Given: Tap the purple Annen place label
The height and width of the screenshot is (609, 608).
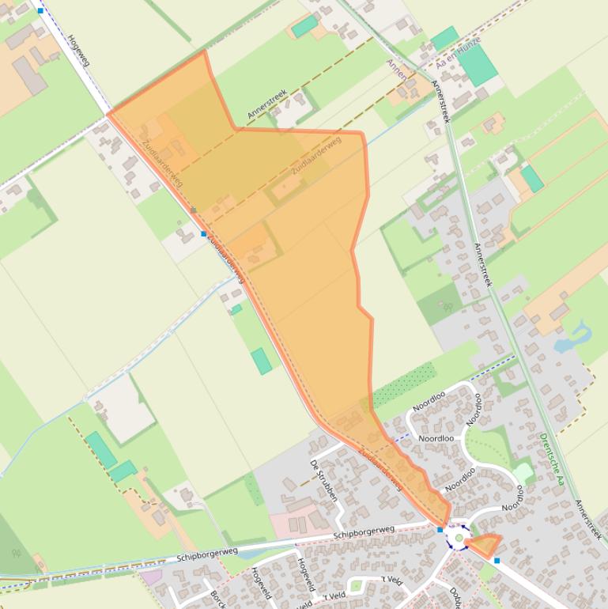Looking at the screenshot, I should click(x=396, y=70).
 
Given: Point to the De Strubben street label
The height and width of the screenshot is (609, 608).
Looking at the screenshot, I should click(x=323, y=481).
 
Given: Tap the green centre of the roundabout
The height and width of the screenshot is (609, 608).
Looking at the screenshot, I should click(x=459, y=539).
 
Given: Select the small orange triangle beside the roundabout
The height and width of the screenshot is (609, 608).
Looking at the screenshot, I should click(x=483, y=544).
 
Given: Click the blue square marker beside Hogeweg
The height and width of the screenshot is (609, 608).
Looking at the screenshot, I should click(x=40, y=11).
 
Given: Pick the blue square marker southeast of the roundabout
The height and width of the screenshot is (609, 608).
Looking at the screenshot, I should click(x=497, y=561).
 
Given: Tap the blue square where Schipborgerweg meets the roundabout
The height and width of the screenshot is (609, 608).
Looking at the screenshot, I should click(x=440, y=530).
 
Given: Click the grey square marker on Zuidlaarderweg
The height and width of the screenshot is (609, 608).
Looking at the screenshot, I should click(x=193, y=210).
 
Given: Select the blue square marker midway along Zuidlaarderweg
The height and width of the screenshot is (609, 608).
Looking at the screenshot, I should click(x=204, y=234).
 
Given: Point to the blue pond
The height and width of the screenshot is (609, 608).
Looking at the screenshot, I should click(x=572, y=339).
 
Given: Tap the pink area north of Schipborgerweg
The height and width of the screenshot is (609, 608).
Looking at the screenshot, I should click(x=289, y=522).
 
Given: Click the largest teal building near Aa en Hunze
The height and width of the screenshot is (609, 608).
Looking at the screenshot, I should click(x=477, y=66).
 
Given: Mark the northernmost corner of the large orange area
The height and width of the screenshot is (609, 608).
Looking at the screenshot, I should click(x=205, y=51).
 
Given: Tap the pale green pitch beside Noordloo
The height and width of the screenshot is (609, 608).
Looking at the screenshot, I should click(x=523, y=473).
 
